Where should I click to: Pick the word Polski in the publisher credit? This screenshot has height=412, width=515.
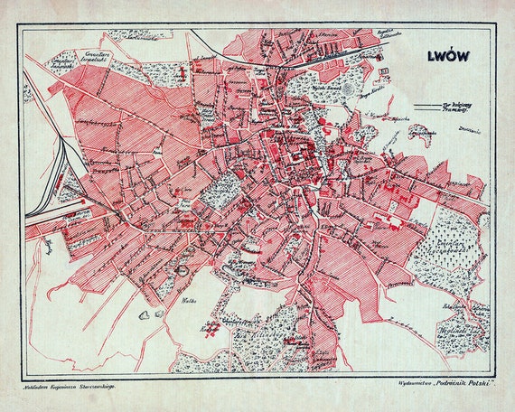473,382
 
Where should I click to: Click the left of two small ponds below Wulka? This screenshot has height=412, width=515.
144,315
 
